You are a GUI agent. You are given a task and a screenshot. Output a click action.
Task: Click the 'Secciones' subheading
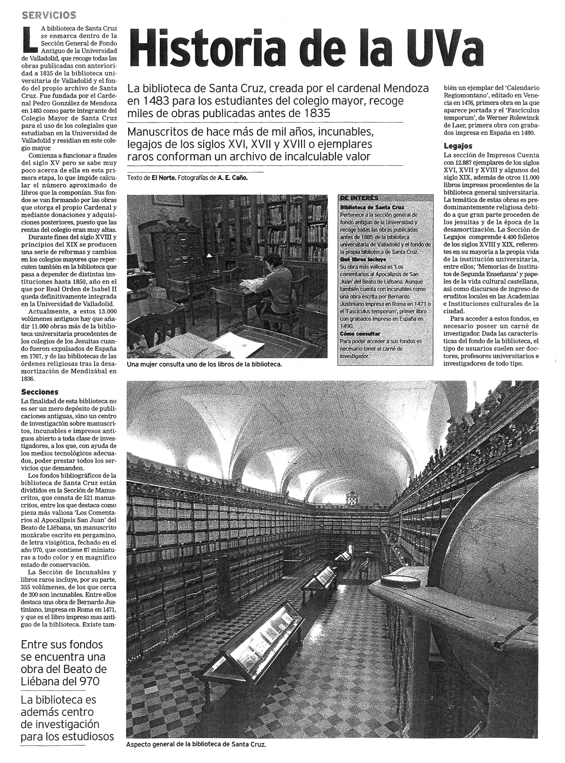click(x=39, y=392)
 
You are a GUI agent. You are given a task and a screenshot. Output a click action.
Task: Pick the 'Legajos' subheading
click(x=458, y=146)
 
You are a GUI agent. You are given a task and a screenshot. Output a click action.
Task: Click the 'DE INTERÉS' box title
click(x=359, y=198)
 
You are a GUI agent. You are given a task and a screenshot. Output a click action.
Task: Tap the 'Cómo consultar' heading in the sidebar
click(x=360, y=333)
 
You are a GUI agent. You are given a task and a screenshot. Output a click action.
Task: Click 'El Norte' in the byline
click(x=164, y=178)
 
